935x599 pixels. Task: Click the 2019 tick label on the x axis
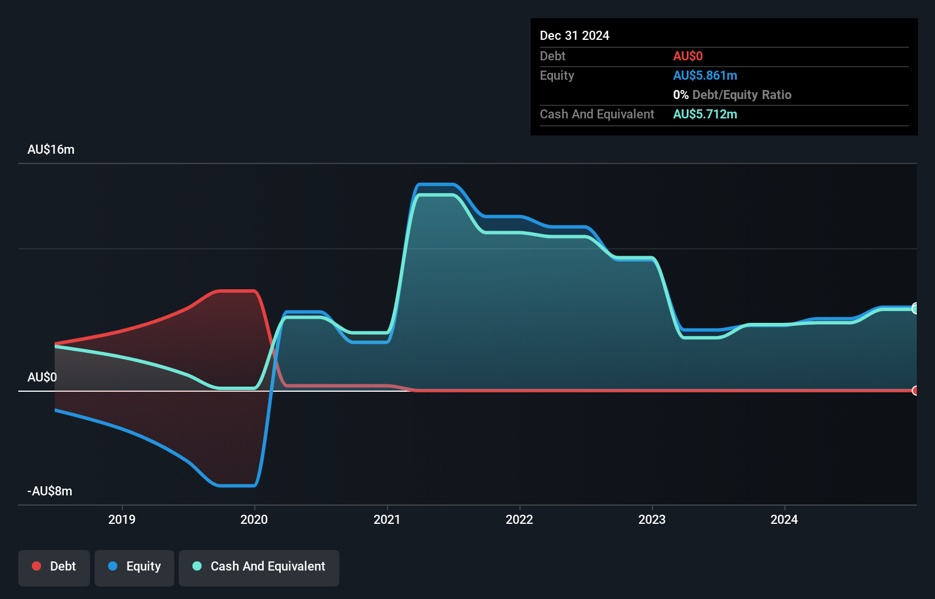click(122, 519)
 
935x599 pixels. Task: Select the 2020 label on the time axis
click(254, 519)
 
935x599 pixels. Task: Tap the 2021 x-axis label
click(387, 519)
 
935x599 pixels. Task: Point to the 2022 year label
click(519, 519)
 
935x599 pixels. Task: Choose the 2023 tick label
click(652, 519)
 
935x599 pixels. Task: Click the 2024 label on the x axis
click(784, 519)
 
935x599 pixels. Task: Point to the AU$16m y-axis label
click(51, 149)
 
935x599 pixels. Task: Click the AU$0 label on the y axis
click(42, 377)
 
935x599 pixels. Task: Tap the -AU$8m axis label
click(50, 491)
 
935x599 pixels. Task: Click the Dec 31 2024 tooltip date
click(575, 35)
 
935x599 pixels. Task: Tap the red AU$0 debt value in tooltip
click(688, 56)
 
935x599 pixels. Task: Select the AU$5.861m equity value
click(705, 75)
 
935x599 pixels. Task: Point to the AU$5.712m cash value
click(705, 114)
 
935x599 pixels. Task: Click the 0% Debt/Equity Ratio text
click(732, 95)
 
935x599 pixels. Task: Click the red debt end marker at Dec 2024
click(915, 391)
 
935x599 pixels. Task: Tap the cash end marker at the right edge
click(915, 309)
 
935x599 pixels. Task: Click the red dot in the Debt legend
click(36, 566)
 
